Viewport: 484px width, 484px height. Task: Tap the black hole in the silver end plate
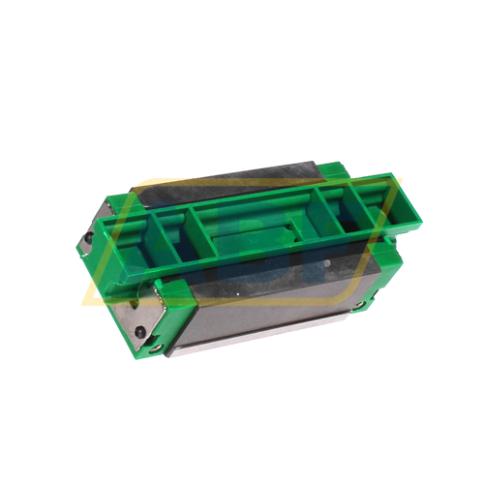point(140,332)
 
